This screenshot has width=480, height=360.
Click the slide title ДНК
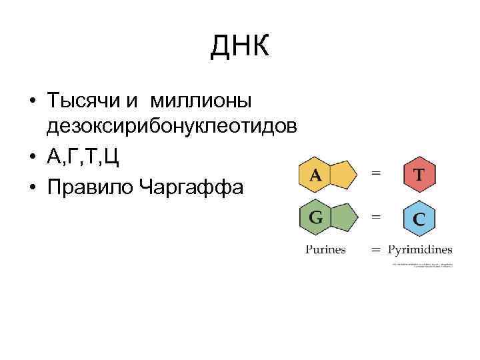(x=240, y=46)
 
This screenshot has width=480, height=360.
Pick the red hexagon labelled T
(x=420, y=175)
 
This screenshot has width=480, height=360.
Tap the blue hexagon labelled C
(x=420, y=219)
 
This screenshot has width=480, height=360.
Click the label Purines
(x=326, y=251)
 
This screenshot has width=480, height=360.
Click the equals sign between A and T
(x=377, y=173)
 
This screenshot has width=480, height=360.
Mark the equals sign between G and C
(x=377, y=216)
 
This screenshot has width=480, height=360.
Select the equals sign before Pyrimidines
(x=377, y=251)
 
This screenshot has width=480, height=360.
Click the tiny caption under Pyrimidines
(x=422, y=265)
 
